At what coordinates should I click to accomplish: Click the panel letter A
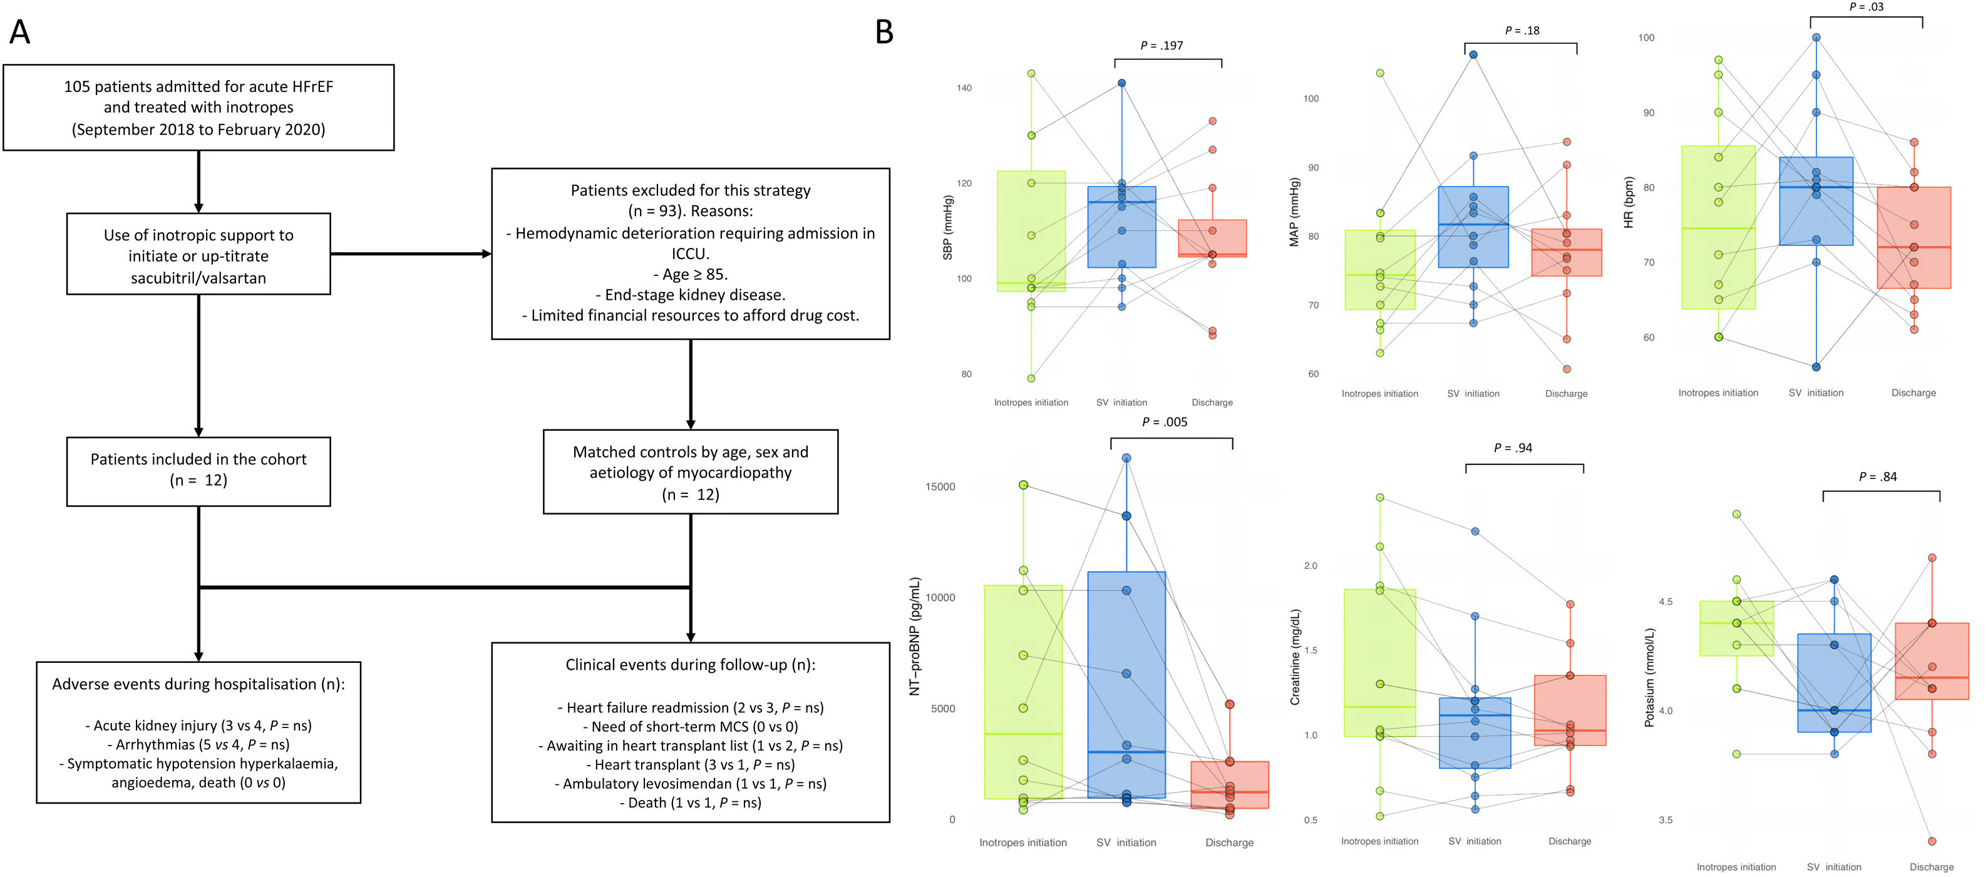[x=19, y=33]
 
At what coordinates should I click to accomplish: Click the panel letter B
[x=883, y=33]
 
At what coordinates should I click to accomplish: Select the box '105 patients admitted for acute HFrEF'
[x=198, y=107]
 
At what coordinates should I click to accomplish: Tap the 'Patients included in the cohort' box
[x=198, y=471]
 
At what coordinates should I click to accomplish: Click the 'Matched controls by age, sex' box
[x=690, y=471]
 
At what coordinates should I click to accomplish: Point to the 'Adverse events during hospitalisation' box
[x=198, y=731]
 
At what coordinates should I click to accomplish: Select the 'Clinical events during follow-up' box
[x=690, y=731]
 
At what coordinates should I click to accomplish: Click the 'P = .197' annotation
[x=1161, y=46]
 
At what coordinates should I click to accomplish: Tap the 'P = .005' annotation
[x=1164, y=422]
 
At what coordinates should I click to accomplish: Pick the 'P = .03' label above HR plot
[x=1865, y=7]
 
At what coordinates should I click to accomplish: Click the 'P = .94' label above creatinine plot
[x=1513, y=448]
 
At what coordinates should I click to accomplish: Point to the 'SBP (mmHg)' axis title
[x=948, y=227]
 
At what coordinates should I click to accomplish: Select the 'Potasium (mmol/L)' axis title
[x=1649, y=677]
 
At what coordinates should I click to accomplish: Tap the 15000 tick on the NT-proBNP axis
[x=940, y=487]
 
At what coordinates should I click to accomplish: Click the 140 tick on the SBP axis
[x=964, y=88]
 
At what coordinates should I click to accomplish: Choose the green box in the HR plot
[x=1718, y=227]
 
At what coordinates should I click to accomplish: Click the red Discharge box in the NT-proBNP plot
[x=1228, y=784]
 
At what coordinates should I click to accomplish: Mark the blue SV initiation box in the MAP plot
[x=1473, y=227]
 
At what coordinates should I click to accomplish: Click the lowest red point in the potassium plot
[x=1932, y=841]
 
